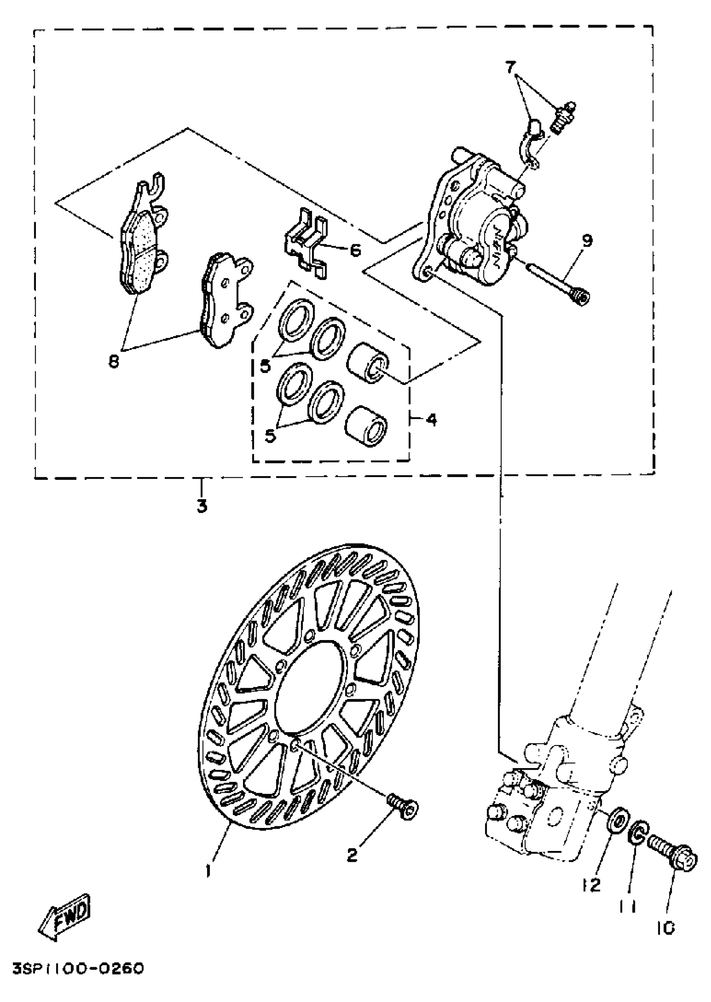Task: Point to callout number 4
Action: (431, 420)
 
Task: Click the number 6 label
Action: (355, 251)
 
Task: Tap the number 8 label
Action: (114, 362)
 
